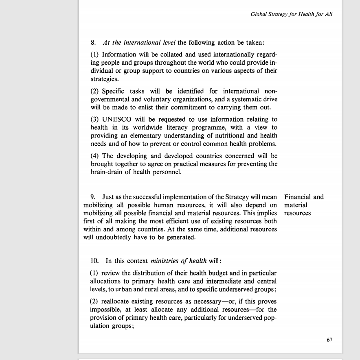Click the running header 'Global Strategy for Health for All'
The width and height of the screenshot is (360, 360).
291,14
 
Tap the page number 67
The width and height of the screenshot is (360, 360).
329,340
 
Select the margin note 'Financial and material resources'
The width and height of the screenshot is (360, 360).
304,205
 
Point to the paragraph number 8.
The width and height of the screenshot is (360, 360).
93,42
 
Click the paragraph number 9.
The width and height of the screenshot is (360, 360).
93,197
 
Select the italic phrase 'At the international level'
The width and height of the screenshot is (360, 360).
139,42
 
